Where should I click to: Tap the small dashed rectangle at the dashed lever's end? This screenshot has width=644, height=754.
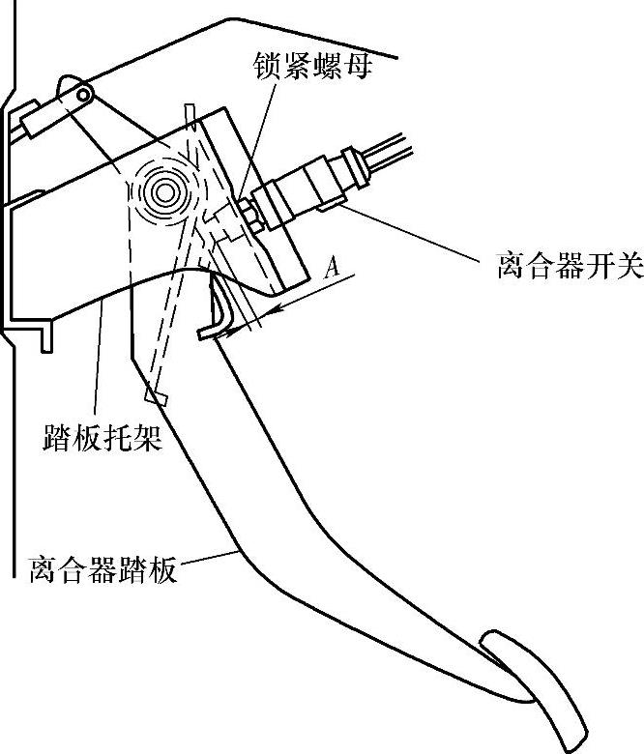point(156,396)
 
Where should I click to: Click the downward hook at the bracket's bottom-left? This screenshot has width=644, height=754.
point(45,338)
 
